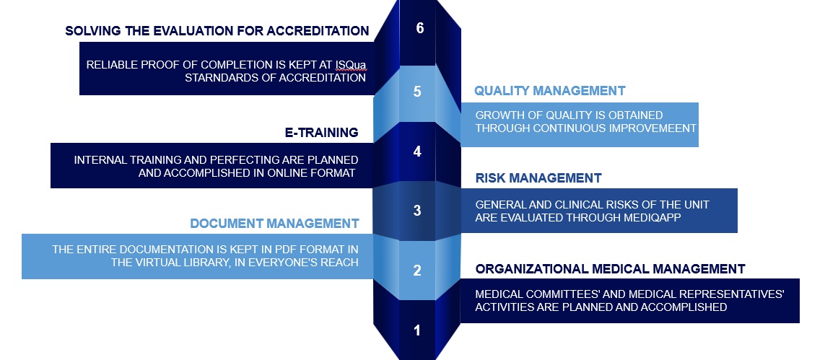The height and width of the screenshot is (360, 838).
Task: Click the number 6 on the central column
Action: (x=419, y=27)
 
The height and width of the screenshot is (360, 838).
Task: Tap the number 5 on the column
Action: (x=417, y=92)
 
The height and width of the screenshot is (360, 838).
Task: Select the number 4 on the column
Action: (x=417, y=152)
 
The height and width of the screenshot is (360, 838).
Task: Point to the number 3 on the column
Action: (x=417, y=211)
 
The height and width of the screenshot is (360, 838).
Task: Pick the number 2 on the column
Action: (x=417, y=271)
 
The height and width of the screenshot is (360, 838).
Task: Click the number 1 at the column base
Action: (x=417, y=330)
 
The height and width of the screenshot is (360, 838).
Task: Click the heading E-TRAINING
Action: (x=322, y=133)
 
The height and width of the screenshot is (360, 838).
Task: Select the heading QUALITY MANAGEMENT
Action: (x=550, y=91)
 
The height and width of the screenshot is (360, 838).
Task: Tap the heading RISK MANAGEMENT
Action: (x=538, y=178)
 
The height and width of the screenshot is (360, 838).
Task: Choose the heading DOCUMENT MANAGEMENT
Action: (x=275, y=223)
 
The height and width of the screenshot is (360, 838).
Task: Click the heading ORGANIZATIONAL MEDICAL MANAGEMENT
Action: (x=611, y=268)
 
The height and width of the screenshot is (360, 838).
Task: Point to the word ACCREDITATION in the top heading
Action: (x=318, y=31)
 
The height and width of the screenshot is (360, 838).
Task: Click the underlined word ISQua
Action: (x=351, y=65)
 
